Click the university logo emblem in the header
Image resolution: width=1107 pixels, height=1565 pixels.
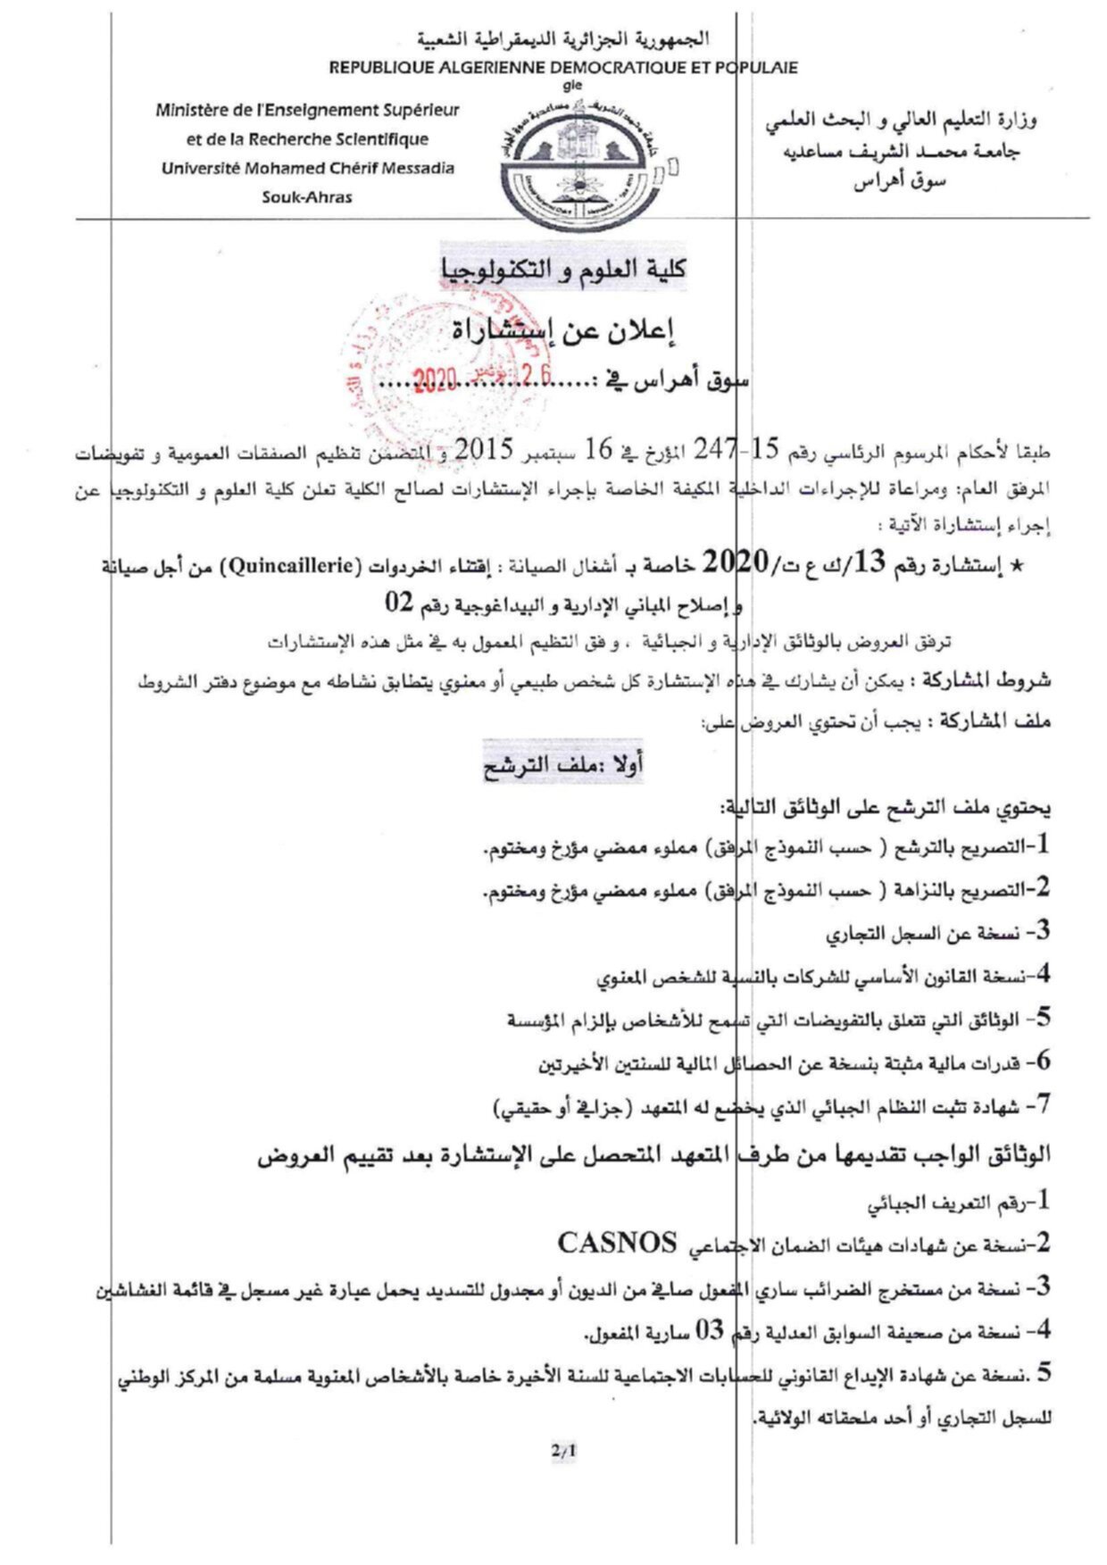point(577,167)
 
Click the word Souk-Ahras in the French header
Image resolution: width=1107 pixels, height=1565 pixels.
point(306,197)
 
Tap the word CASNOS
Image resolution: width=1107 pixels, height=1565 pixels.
point(617,1242)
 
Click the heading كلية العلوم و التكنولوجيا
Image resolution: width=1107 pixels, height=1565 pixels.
point(563,268)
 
